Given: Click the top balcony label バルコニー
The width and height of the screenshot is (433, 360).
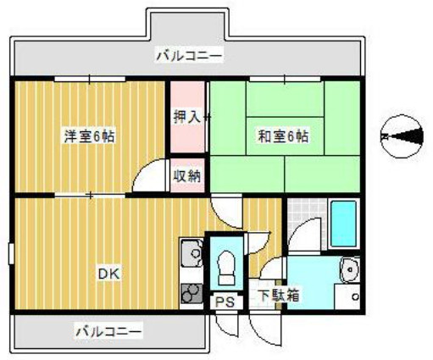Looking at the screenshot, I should tap(188, 57).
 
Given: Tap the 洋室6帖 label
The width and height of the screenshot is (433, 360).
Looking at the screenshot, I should tap(88, 136).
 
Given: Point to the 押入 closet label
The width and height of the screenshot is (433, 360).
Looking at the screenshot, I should tap(186, 117).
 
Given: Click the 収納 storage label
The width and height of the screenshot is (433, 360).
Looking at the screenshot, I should tap(186, 176).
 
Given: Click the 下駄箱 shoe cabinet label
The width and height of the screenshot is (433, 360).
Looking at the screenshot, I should tap(278, 296).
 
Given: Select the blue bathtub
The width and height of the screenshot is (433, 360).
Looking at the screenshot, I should tap(343, 222).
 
